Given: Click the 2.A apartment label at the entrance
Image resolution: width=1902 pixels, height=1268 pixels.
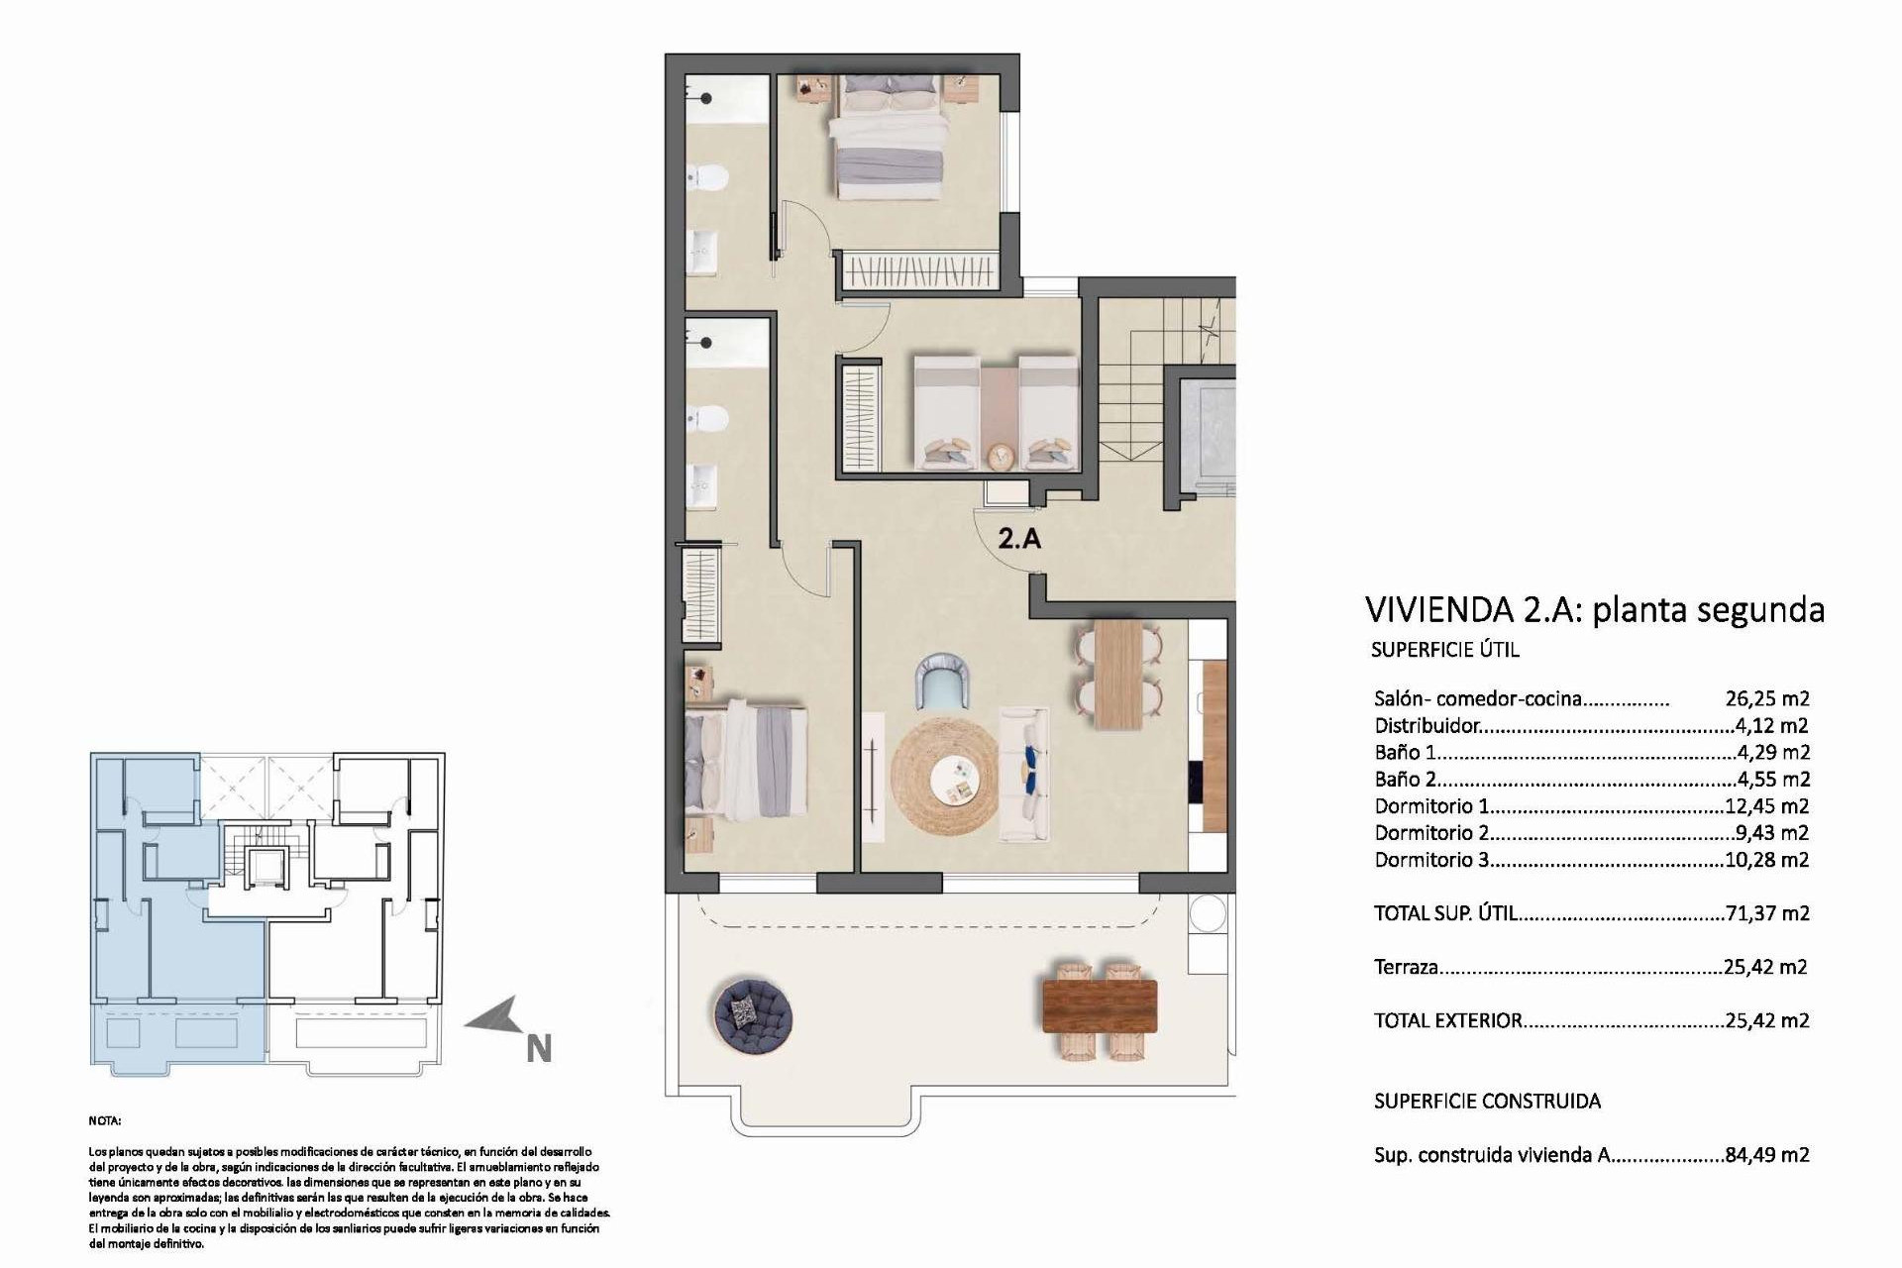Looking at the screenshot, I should click(1018, 539).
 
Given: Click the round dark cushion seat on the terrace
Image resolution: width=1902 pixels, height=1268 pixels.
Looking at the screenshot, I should click(752, 1013).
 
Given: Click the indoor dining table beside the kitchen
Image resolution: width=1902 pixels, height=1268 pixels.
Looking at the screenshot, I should click(1117, 673).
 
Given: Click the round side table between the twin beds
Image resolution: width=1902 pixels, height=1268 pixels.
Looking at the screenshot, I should click(1001, 457).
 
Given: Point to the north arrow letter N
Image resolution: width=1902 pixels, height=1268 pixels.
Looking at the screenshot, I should click(538, 1049).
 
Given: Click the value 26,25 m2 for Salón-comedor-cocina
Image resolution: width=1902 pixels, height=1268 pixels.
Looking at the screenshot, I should click(1767, 698).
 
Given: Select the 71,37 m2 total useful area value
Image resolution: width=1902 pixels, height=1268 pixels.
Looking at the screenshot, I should click(1767, 913).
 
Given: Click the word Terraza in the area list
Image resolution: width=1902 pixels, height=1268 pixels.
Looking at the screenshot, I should click(1406, 967).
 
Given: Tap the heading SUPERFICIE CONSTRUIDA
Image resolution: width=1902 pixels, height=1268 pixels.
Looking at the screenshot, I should click(1487, 1101).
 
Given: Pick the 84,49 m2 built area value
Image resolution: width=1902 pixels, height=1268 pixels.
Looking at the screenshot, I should click(1767, 1154).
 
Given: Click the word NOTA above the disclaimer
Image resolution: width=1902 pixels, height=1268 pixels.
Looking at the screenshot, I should click(104, 1120).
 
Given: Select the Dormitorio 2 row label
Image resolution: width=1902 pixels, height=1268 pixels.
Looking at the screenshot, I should click(1431, 833).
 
